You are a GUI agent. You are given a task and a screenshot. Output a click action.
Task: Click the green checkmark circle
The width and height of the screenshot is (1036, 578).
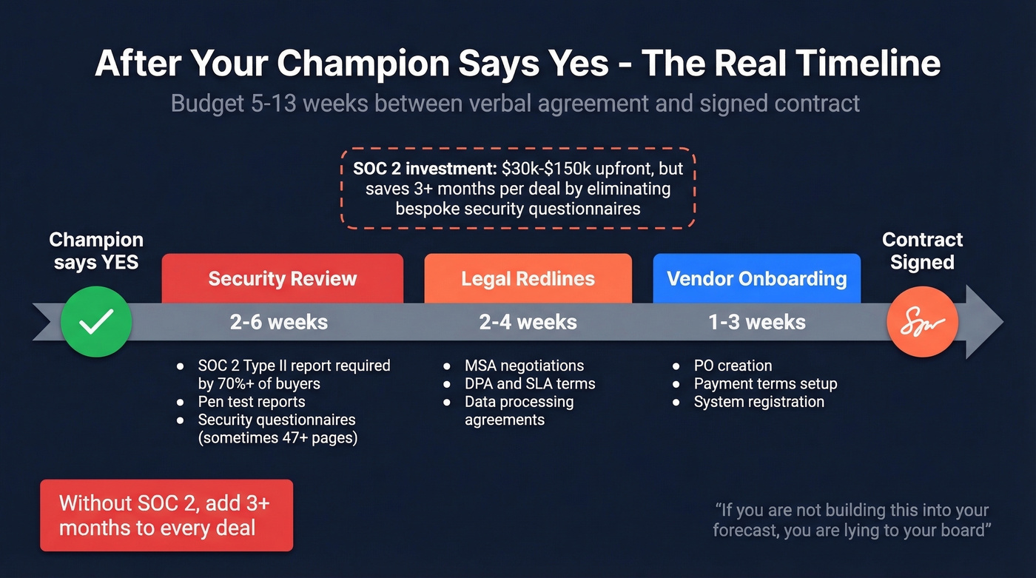coord(96,322)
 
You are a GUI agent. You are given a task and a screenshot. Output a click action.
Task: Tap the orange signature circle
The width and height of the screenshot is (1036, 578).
coord(922,322)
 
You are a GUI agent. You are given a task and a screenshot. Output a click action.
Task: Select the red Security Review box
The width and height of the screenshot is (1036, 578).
coord(282,278)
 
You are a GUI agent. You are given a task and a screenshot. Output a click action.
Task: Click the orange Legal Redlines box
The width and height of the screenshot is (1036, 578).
coord(528,278)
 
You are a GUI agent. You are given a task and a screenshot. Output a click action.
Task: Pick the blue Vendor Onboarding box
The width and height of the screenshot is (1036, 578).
coord(756,278)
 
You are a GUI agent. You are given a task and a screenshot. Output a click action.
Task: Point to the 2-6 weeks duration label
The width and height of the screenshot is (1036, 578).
coord(279,322)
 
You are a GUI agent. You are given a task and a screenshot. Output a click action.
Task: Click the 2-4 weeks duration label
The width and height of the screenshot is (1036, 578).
coord(528,322)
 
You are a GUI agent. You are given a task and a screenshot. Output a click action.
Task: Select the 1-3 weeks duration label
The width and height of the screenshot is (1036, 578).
coord(756,322)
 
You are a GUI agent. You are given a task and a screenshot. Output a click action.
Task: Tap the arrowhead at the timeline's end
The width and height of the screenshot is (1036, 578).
coord(984,322)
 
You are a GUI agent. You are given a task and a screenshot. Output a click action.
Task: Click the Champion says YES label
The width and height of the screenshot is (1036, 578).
coord(96,251)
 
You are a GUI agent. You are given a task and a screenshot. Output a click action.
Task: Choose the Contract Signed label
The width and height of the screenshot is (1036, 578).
coord(922,251)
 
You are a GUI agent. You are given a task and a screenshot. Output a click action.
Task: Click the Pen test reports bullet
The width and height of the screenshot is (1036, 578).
coord(251,402)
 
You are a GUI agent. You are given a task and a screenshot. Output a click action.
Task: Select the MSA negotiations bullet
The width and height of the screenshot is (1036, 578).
coord(524,366)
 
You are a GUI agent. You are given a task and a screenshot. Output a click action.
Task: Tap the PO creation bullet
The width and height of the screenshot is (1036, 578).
coord(733,366)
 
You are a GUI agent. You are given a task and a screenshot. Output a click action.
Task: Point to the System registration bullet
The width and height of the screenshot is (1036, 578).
coord(758,402)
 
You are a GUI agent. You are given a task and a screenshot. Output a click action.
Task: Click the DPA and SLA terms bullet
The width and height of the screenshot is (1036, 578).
coord(529,383)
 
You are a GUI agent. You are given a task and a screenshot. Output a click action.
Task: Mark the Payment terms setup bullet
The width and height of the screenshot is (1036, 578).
coord(765,383)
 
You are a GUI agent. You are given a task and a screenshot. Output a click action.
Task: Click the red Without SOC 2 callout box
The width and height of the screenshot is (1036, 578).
coord(166,515)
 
